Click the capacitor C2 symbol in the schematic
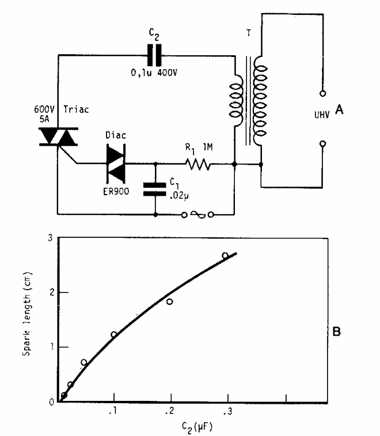point(153,55)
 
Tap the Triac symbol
point(59,137)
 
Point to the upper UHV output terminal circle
point(322,93)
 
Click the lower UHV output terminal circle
point(322,143)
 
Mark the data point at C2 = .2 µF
point(170,302)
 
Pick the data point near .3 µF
point(225,256)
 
